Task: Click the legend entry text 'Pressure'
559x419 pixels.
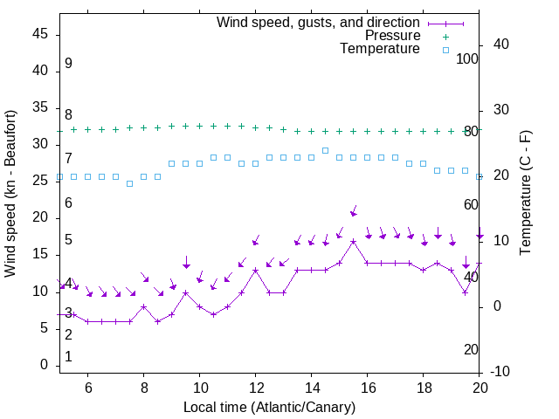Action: click(392, 36)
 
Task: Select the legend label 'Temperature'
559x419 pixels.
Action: click(380, 50)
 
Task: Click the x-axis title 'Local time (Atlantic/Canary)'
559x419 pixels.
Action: click(269, 407)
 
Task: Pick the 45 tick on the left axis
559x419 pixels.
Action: click(41, 34)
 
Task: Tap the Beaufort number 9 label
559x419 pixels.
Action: click(68, 64)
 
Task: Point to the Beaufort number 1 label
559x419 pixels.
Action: click(68, 357)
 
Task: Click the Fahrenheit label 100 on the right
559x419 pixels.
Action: click(468, 58)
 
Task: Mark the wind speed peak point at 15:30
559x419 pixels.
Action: click(353, 241)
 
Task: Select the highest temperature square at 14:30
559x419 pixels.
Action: click(325, 150)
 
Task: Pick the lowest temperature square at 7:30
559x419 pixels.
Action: click(129, 183)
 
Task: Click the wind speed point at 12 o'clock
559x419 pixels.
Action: click(255, 270)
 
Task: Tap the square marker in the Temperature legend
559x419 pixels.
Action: click(445, 50)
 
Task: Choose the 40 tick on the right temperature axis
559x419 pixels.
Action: click(501, 45)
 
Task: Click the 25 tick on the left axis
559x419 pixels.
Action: click(41, 181)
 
